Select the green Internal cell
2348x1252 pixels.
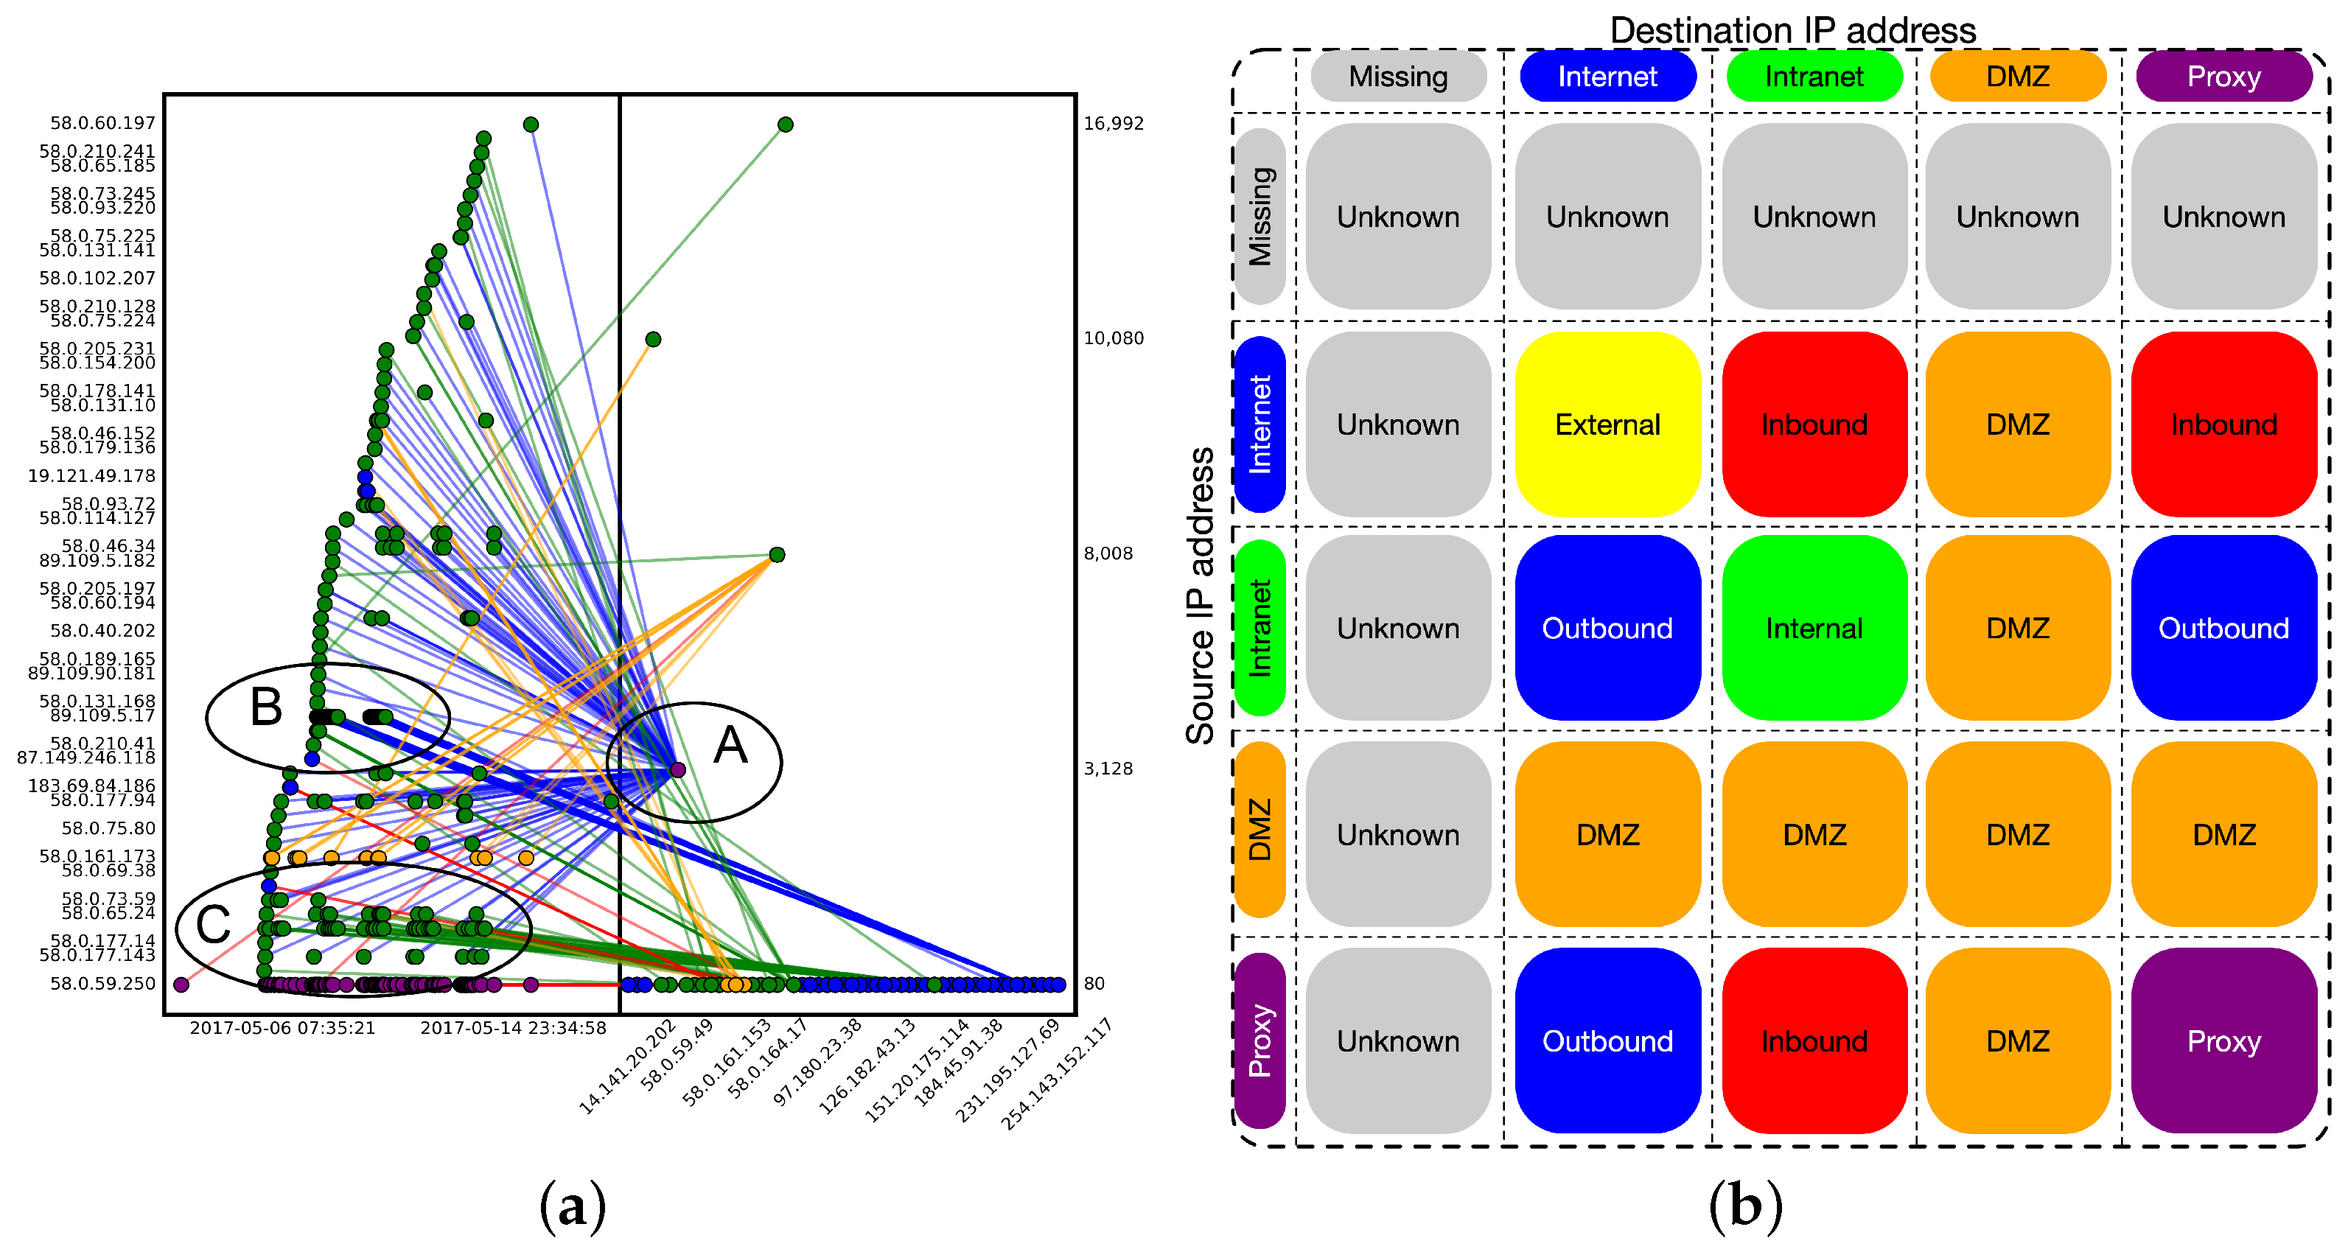[x=1814, y=628]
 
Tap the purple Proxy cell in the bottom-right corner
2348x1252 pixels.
[x=2223, y=1041]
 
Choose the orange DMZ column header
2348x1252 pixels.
[x=2017, y=77]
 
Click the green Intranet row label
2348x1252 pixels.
[x=1259, y=628]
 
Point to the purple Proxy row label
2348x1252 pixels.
[x=1259, y=1041]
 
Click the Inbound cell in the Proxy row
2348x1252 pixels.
[x=1814, y=1041]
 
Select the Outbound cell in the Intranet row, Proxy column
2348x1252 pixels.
[x=2223, y=628]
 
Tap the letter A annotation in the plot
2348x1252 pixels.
[x=731, y=745]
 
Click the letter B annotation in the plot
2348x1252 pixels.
[x=266, y=707]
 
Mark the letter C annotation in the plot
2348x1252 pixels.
[x=213, y=925]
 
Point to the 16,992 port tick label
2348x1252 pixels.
[x=1113, y=123]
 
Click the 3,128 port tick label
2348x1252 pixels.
[x=1108, y=768]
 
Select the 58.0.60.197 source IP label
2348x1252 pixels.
[x=103, y=123]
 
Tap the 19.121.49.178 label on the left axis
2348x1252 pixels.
[x=92, y=475]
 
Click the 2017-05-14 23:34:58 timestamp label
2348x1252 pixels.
[x=513, y=1028]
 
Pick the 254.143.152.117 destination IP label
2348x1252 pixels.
[x=1058, y=1075]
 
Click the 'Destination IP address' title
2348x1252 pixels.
[x=1793, y=30]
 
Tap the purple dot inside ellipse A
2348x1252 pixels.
[x=678, y=770]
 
